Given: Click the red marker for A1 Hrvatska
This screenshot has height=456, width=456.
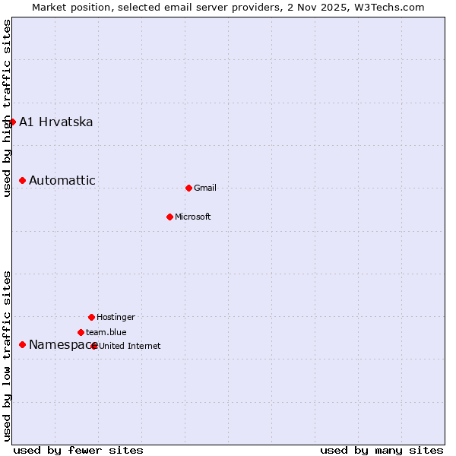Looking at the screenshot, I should click(x=12, y=122).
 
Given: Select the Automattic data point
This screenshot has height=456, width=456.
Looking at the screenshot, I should click(x=23, y=180).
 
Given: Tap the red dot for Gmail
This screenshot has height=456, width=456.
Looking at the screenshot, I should click(x=188, y=188).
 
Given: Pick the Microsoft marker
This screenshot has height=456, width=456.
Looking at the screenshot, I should click(x=169, y=217).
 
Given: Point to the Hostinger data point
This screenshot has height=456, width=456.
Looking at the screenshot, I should click(x=91, y=317).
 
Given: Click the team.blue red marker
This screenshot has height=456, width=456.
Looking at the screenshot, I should click(x=81, y=332).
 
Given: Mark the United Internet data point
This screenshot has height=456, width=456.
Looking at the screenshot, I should click(x=94, y=346).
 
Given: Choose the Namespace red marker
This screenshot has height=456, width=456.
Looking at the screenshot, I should click(x=23, y=344).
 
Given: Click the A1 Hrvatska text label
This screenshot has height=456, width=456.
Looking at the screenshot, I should click(x=56, y=122).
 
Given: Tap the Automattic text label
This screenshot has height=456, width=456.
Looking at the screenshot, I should click(x=62, y=180).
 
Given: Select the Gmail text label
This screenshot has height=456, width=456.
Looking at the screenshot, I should click(x=205, y=188).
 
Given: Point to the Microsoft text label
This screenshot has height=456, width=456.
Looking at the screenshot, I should click(x=193, y=217).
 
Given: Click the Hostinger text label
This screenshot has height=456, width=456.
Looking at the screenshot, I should click(x=116, y=317).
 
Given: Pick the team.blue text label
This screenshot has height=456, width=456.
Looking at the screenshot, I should click(x=106, y=332).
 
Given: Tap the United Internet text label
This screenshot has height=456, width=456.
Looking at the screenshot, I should click(x=130, y=346).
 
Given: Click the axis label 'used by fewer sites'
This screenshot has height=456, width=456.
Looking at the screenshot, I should click(x=78, y=450).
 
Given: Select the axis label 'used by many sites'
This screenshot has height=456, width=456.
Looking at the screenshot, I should click(x=382, y=450).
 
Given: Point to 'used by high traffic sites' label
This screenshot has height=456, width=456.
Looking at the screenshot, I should click(x=8, y=108).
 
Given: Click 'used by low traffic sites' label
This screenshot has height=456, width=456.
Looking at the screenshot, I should click(x=8, y=356).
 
